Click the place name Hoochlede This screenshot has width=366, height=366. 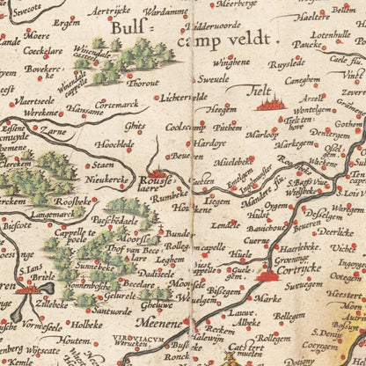click(115, 143)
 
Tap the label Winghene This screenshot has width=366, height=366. click(231, 63)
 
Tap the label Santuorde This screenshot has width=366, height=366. click(113, 311)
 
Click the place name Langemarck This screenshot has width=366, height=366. click(56, 212)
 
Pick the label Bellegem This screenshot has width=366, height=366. click(289, 315)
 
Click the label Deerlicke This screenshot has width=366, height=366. click(334, 233)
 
